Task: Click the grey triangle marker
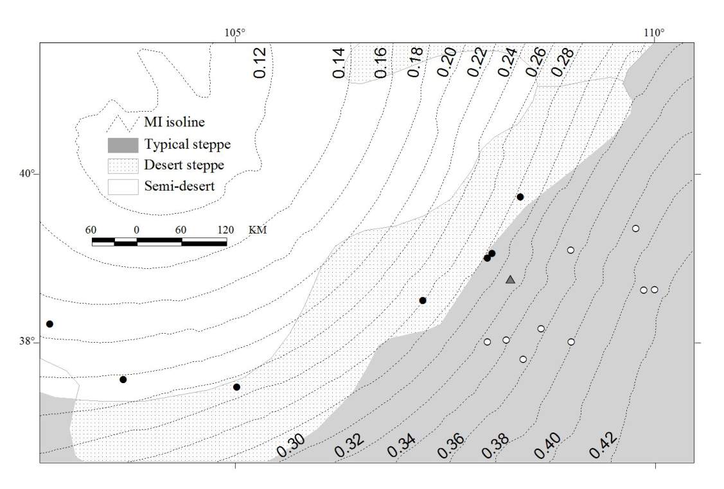coord(511,279)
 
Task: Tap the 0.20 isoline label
coord(447,63)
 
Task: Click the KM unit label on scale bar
coord(258,230)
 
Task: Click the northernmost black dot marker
coord(520,197)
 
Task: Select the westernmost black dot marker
coord(49,324)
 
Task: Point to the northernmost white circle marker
coord(635,228)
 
